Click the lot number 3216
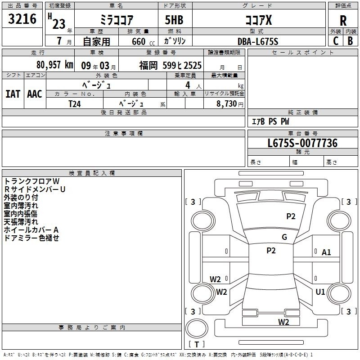pyautogui.click(x=22, y=19)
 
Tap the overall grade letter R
pyautogui.click(x=343, y=21)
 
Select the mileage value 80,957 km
pyautogui.click(x=54, y=65)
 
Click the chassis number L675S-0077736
pyautogui.click(x=302, y=143)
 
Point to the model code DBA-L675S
pyautogui.click(x=258, y=41)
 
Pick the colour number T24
pyautogui.click(x=75, y=104)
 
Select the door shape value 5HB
pyautogui.click(x=174, y=20)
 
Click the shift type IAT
pyautogui.click(x=13, y=94)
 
